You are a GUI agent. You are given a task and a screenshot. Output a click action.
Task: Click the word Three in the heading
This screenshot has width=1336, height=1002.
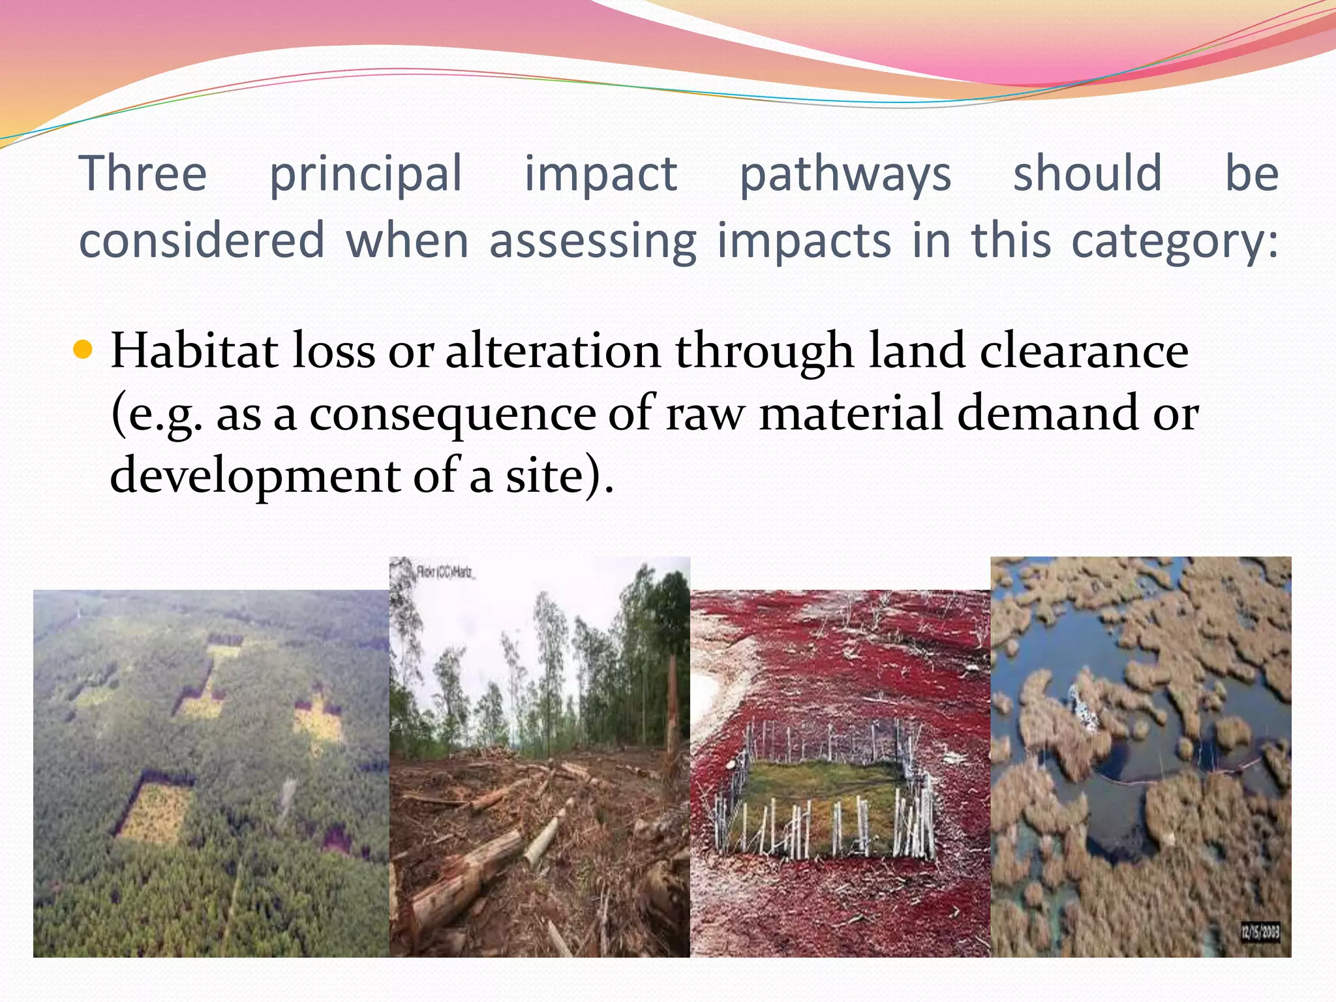point(143,174)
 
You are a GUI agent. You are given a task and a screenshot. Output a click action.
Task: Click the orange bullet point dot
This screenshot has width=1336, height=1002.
point(83,350)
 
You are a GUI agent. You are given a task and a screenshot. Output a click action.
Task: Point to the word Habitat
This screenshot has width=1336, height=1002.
point(194,351)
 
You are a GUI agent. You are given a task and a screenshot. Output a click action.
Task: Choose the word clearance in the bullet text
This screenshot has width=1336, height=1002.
point(1084,351)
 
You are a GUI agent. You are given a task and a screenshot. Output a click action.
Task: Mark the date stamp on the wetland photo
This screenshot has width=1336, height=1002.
point(1260,932)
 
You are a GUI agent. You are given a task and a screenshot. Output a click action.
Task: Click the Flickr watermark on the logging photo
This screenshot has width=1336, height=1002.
point(447,573)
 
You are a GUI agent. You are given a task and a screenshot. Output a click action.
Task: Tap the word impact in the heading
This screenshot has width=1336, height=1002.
point(601,174)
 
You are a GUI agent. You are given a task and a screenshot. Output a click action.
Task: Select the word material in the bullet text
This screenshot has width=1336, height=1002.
point(851,414)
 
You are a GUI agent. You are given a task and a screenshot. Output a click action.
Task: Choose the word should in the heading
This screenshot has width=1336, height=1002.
point(1087,174)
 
